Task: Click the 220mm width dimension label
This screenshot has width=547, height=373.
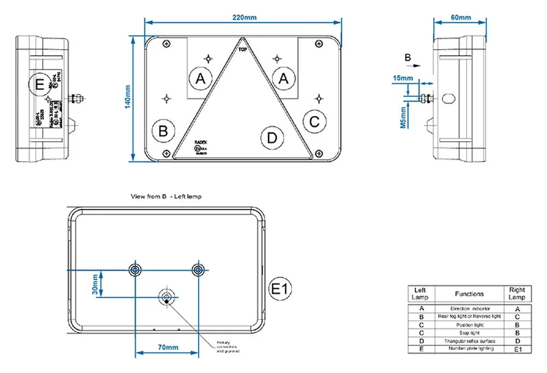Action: [x=244, y=17]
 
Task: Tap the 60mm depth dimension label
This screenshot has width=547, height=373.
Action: [x=461, y=18]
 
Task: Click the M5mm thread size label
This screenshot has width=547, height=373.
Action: [x=403, y=117]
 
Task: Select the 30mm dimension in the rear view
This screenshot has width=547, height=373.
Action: [x=95, y=284]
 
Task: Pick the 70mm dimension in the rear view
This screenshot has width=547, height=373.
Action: [x=168, y=347]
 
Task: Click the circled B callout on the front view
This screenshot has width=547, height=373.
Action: [x=162, y=131]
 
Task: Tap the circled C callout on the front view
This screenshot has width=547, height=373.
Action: [x=314, y=121]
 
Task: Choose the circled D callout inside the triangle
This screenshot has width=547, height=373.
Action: [x=272, y=138]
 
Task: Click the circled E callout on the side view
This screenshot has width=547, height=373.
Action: [x=39, y=84]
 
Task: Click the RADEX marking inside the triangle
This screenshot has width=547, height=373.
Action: [x=200, y=141]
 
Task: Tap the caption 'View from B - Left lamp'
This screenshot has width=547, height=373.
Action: [x=166, y=196]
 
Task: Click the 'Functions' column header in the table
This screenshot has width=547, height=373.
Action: [x=469, y=294]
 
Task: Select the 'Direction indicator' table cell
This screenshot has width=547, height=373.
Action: [x=470, y=309]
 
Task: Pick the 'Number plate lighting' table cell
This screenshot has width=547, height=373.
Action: [x=470, y=348]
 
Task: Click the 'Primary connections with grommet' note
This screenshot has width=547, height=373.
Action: [x=228, y=346]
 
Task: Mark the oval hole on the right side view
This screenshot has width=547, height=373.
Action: [x=449, y=98]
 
